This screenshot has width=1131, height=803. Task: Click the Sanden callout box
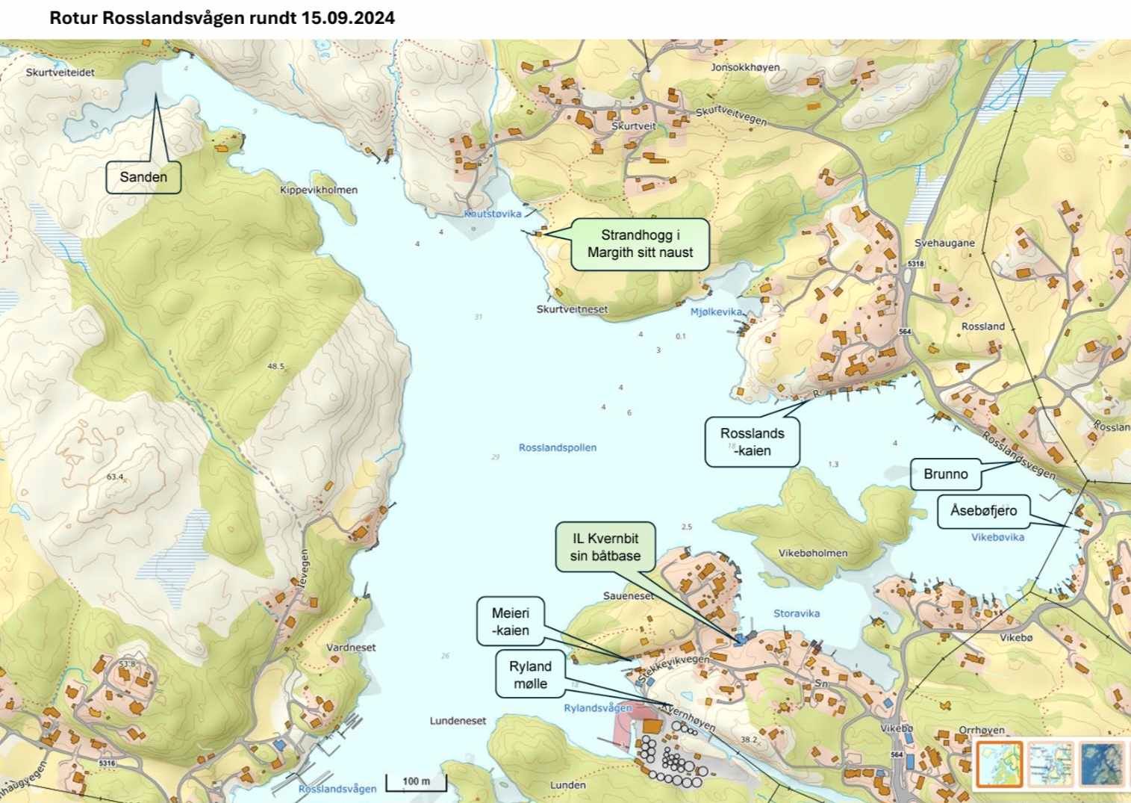coord(143,177)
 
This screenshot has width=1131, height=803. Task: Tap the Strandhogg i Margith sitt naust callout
coord(640,244)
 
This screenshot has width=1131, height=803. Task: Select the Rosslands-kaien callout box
coord(752,441)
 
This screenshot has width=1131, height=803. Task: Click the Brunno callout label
coord(945,474)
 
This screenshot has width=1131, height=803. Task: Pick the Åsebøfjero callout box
coord(983,511)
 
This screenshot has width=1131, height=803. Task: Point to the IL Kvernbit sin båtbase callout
coord(605,547)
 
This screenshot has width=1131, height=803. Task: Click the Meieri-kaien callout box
coord(510,621)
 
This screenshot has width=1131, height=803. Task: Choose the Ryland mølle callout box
coord(530,675)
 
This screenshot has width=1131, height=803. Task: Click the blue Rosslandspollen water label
coord(558,447)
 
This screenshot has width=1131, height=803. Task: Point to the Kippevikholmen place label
coord(319,190)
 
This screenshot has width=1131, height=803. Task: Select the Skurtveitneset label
coord(572,309)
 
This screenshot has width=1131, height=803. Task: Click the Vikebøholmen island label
coord(813,554)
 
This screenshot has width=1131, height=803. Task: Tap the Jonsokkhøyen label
coord(745,67)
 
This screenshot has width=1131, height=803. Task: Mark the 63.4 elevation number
coord(115,477)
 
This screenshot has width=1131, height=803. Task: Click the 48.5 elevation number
coord(275,366)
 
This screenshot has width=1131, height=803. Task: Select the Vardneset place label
coord(351,648)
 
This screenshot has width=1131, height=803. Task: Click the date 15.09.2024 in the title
coord(348,18)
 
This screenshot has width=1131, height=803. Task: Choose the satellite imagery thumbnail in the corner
coord(1101,763)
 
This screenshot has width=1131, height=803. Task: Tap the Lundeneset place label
coord(458,721)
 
